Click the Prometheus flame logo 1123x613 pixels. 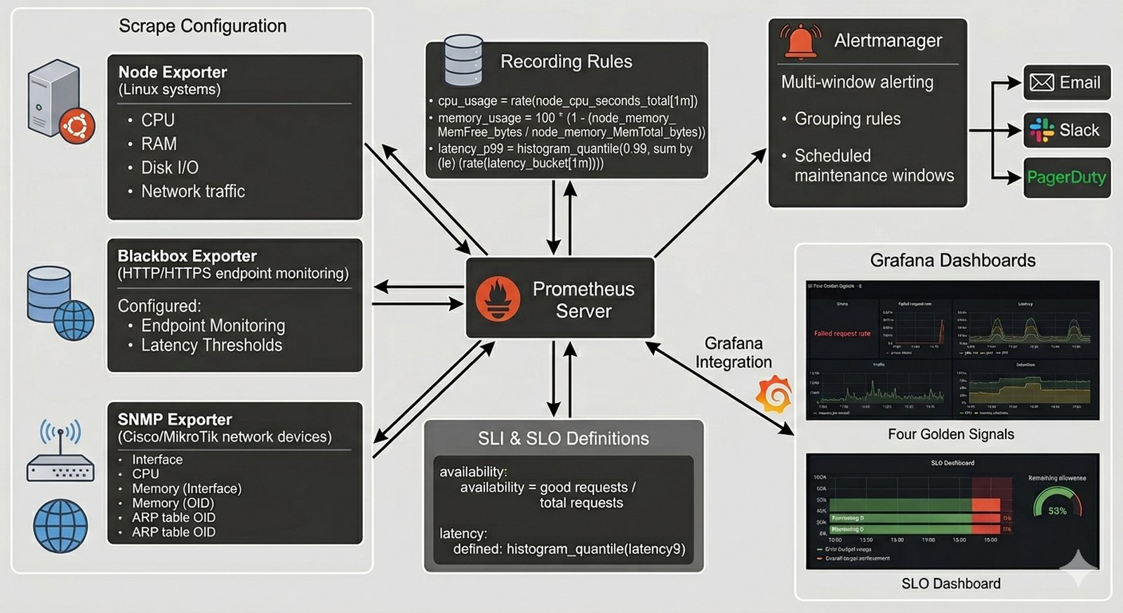coord(498,298)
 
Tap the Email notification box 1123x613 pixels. coord(1066,83)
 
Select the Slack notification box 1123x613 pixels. coord(1066,130)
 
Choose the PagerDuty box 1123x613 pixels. coord(1066,177)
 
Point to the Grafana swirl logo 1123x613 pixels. coord(775,395)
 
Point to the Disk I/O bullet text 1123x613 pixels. coord(170,168)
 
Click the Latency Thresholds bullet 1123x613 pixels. coord(211,345)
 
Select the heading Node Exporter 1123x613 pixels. coord(173,72)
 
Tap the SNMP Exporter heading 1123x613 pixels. coord(175,419)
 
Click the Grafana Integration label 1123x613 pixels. coord(733,352)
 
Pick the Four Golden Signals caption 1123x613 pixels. coord(950,434)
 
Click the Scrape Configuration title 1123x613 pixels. coord(202,26)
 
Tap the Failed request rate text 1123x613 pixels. coord(842,334)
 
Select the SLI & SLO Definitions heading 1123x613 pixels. coord(563,439)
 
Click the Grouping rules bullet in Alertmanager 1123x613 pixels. coord(847,119)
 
